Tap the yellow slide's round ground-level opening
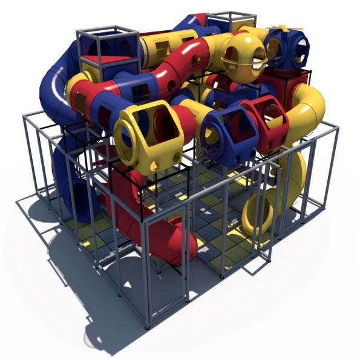point(257,212)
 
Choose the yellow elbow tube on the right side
point(306,109)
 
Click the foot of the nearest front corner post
point(148,327)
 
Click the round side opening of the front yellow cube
point(126,142)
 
